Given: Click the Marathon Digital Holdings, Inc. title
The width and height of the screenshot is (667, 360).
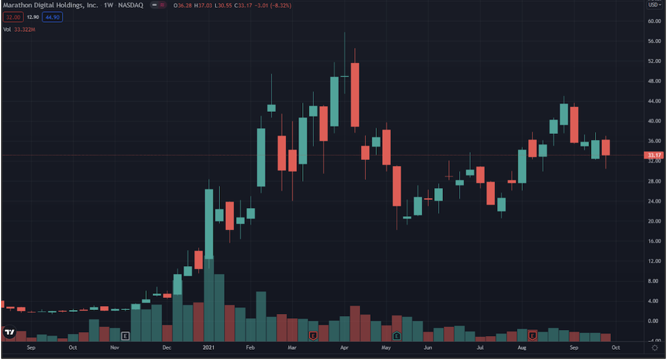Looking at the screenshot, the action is pyautogui.click(x=51, y=5).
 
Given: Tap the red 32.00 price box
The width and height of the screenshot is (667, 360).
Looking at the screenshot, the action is pyautogui.click(x=13, y=17).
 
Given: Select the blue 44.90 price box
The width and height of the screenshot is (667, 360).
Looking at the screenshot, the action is pyautogui.click(x=52, y=17).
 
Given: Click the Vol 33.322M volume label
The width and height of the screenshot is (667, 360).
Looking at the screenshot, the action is pyautogui.click(x=19, y=30).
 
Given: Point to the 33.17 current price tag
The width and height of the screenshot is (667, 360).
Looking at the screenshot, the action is pyautogui.click(x=654, y=155).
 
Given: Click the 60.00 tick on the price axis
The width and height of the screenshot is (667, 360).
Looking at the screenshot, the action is pyautogui.click(x=654, y=21).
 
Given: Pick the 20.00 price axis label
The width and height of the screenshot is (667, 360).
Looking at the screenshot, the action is pyautogui.click(x=654, y=221).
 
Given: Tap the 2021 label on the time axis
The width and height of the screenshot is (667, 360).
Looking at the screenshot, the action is pyautogui.click(x=208, y=348).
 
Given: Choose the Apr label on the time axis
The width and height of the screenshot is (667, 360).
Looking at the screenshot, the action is pyautogui.click(x=344, y=348).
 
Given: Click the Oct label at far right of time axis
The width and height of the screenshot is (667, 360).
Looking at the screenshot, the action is pyautogui.click(x=616, y=348).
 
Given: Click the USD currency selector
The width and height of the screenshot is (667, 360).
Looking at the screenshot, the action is pyautogui.click(x=655, y=5).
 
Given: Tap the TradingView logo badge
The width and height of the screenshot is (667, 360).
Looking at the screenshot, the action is pyautogui.click(x=9, y=333).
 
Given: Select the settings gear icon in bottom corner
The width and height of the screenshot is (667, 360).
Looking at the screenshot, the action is pyautogui.click(x=655, y=348).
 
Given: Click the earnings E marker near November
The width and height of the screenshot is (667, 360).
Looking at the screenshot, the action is pyautogui.click(x=125, y=336).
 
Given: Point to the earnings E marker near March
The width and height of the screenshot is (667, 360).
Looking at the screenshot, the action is pyautogui.click(x=313, y=336).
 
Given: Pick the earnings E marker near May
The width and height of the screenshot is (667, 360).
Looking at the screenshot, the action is pyautogui.click(x=396, y=336).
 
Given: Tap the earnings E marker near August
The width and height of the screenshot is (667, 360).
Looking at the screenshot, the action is pyautogui.click(x=532, y=336).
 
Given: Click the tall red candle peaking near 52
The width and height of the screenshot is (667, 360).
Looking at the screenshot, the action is pyautogui.click(x=355, y=95).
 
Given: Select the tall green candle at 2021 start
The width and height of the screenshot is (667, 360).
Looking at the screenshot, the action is pyautogui.click(x=209, y=224).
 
